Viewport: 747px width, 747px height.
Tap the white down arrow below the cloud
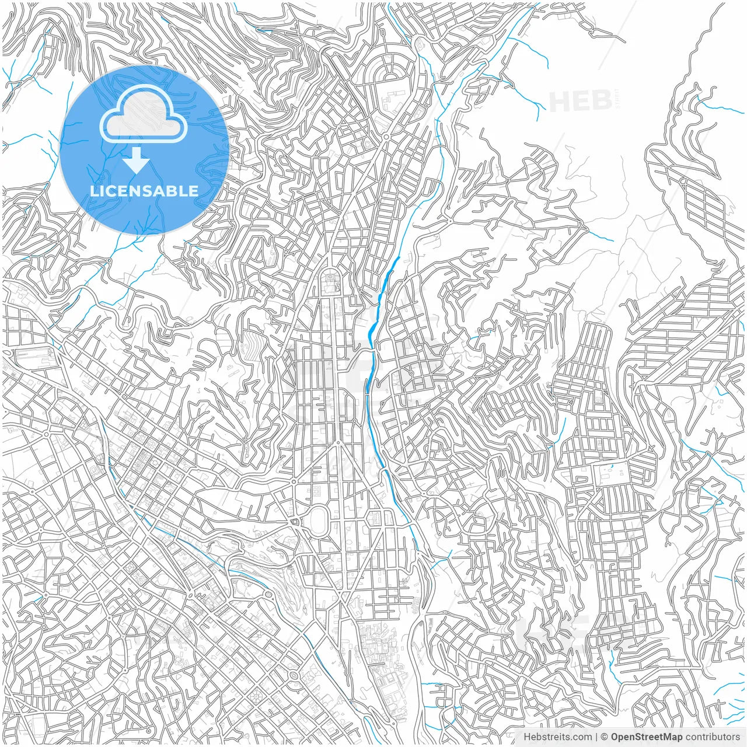136,160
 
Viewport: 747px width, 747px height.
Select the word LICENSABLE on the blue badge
144,191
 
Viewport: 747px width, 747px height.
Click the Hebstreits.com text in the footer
557,737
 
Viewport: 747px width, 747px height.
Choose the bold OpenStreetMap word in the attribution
646,737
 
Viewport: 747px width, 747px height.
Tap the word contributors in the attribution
713,737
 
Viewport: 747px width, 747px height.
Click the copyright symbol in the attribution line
605,737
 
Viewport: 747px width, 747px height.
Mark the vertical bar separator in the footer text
596,737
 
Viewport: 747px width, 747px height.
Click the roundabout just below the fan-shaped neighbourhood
386,137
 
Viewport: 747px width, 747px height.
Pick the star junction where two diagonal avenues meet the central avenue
337,443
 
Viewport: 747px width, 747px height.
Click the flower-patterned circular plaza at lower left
256,697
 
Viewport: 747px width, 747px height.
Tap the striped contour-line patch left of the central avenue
253,344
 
